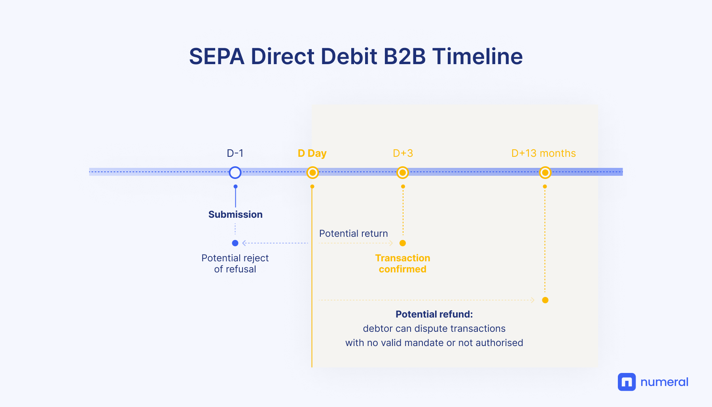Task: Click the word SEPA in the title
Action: tap(217, 56)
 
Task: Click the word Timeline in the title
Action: tap(477, 56)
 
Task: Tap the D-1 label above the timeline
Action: tap(235, 153)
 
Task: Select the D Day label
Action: tap(312, 154)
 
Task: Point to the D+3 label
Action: tap(403, 153)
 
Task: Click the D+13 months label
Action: tap(543, 153)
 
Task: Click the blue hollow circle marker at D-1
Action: tap(235, 173)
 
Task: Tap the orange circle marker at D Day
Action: tap(312, 173)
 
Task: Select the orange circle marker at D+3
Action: tap(403, 173)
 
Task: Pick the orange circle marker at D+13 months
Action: tap(545, 173)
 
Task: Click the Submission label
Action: tap(235, 215)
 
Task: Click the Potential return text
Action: tap(354, 234)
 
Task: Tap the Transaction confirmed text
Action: tap(403, 264)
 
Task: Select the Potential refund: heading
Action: tap(434, 314)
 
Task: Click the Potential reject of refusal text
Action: tap(235, 264)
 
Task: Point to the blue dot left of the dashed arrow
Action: tap(235, 243)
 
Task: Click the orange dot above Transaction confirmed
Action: tap(403, 243)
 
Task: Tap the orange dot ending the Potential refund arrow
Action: tap(545, 300)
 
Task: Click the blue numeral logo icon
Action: tap(627, 382)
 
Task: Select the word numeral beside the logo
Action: tap(665, 382)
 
